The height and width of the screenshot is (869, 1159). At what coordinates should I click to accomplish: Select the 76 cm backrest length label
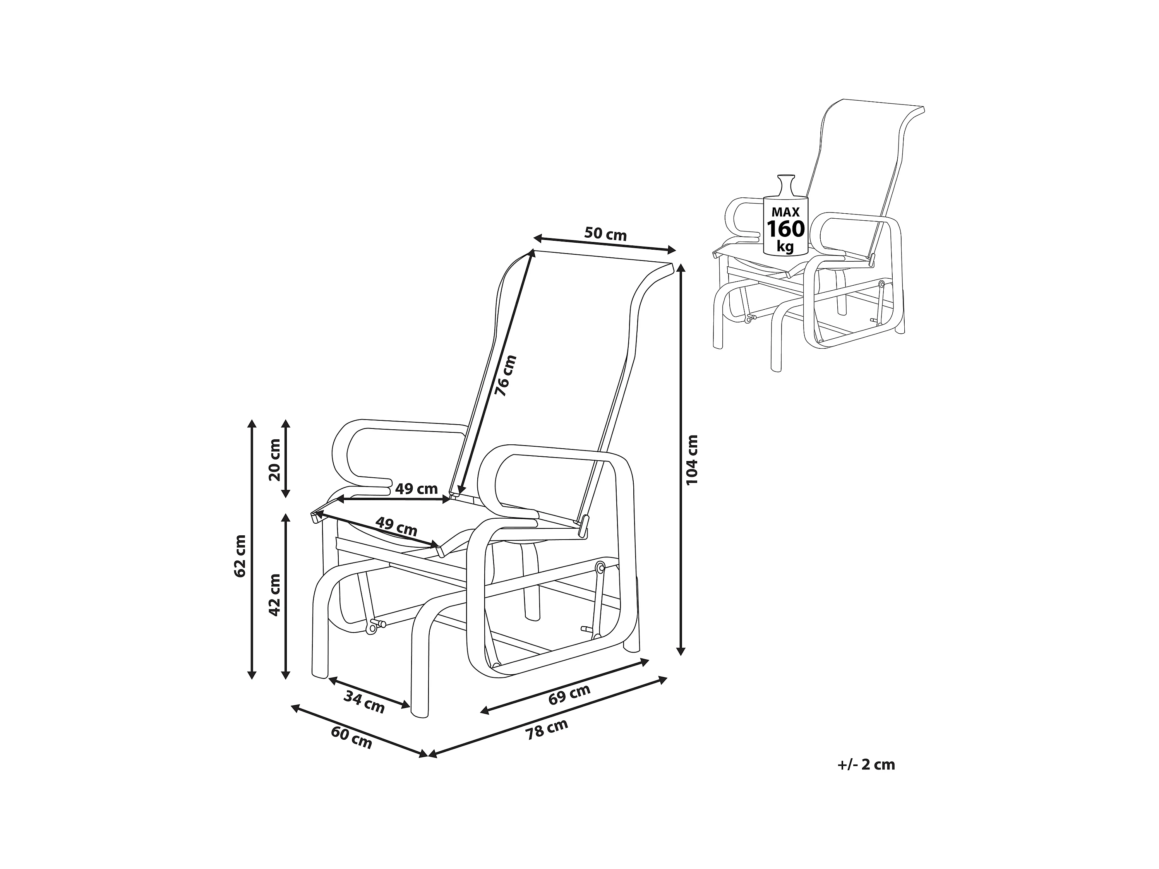506,375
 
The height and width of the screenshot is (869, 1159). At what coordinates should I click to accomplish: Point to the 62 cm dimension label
240,556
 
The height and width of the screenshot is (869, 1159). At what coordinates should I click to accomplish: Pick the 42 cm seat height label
274,595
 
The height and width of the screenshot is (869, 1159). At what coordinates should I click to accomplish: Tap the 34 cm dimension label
364,702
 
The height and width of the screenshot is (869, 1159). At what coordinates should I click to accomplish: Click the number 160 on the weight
785,229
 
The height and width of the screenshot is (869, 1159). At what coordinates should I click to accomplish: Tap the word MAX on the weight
785,212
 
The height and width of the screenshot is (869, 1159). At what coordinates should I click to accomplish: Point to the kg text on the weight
785,246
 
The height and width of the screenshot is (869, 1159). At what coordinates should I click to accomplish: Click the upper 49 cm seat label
416,489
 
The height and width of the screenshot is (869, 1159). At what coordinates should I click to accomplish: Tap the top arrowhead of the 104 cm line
681,267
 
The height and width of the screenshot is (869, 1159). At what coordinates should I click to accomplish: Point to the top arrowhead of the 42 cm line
286,517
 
